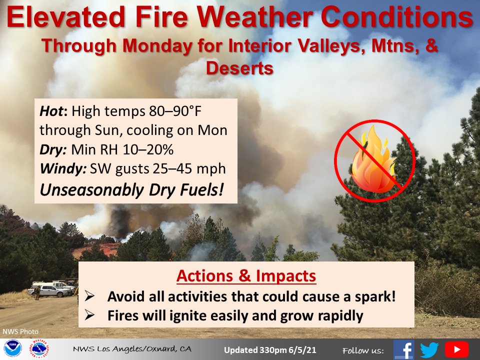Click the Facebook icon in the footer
pyautogui.click(x=404, y=349)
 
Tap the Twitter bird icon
pyautogui.click(x=429, y=349)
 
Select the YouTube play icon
pyautogui.click(x=456, y=349)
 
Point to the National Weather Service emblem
pyautogui.click(x=39, y=348)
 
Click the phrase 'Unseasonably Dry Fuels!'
pyautogui.click(x=131, y=190)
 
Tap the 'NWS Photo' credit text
pyautogui.click(x=20, y=331)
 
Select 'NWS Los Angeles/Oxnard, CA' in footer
pyautogui.click(x=132, y=349)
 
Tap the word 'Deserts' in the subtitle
pyautogui.click(x=239, y=68)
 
